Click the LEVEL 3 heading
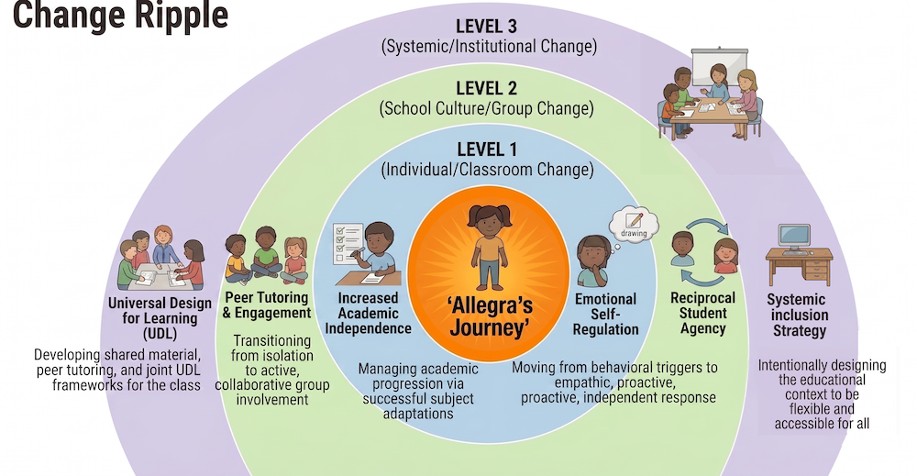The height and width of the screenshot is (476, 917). [487, 27]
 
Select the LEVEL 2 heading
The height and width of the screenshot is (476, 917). [487, 88]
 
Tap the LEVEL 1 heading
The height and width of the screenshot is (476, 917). [487, 149]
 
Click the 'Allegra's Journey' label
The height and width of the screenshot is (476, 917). [490, 316]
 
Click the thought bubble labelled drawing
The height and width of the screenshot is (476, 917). [634, 225]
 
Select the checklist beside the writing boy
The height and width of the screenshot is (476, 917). [347, 244]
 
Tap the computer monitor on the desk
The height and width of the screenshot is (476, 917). [795, 238]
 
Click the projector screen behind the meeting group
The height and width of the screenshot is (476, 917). [719, 65]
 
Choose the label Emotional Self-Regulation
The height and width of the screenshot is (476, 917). [605, 314]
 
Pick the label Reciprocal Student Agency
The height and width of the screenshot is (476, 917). [703, 313]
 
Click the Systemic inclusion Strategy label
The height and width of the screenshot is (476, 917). [799, 315]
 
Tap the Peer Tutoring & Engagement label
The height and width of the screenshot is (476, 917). [267, 304]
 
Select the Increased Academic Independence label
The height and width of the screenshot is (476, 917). [369, 313]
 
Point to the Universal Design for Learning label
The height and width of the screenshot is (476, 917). [160, 318]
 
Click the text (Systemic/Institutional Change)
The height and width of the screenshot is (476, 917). [489, 47]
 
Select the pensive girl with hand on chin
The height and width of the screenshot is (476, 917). [594, 260]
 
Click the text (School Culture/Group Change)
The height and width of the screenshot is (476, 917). [487, 109]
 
